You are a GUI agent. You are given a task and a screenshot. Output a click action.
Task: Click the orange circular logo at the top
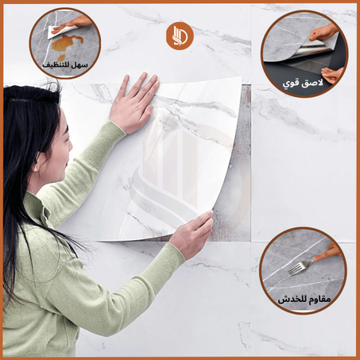click(180, 36)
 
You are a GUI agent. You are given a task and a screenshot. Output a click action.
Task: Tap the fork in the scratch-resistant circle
click(300, 267)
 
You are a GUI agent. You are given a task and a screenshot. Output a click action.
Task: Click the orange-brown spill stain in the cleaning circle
click(67, 44)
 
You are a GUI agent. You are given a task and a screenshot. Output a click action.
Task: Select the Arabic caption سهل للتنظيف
click(65, 65)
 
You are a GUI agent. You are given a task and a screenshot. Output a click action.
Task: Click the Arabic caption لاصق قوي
click(303, 83)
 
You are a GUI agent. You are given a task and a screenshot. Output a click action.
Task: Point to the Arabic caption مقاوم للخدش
click(304, 300)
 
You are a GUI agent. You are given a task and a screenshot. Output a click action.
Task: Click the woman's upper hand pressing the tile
click(134, 102)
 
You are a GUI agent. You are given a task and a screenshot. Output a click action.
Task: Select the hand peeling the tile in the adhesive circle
click(323, 31)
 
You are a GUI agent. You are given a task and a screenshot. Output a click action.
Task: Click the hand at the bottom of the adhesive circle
click(332, 75)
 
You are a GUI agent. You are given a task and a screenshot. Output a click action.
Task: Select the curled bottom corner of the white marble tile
click(159, 238)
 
